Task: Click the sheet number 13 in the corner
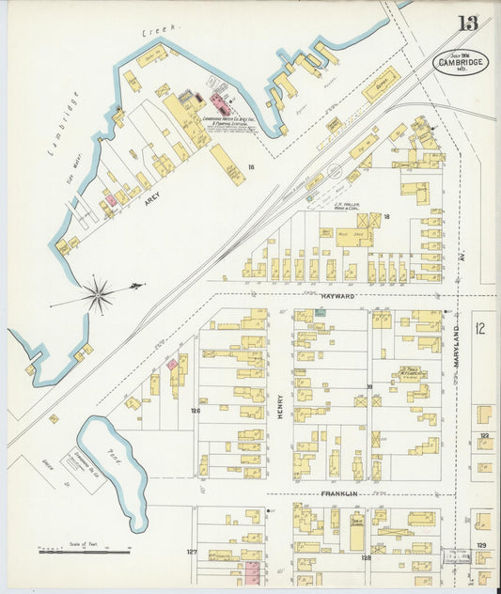[x=466, y=23]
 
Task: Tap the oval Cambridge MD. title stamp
[x=461, y=62]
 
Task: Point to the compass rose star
[x=98, y=295]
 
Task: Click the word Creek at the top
[x=154, y=34]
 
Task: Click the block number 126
[x=196, y=411]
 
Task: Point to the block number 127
[x=191, y=552]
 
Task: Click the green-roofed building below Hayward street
[x=321, y=326]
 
